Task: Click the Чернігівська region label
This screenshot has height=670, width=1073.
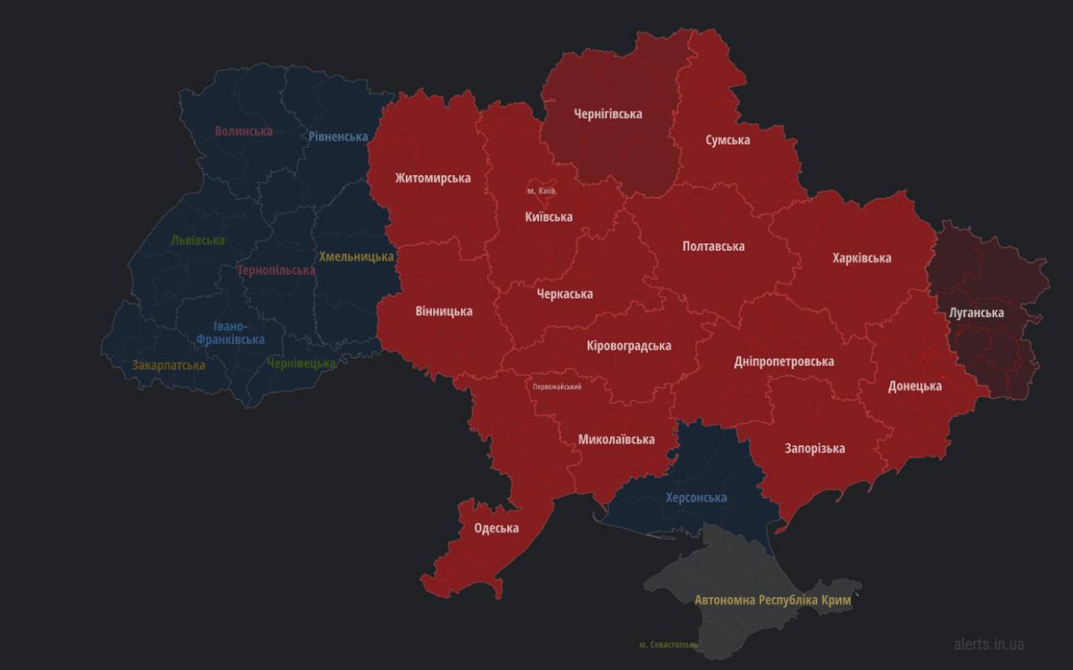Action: click(x=608, y=114)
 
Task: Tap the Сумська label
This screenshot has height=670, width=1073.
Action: click(x=727, y=140)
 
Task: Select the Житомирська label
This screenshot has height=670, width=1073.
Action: click(x=433, y=178)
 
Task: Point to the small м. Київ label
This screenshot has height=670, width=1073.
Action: click(x=541, y=191)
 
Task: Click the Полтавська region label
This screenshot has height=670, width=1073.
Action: click(x=713, y=247)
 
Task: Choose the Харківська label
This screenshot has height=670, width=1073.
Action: click(x=862, y=258)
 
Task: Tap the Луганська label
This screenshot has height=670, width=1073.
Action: click(x=976, y=313)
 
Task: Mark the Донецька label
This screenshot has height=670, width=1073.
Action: click(x=915, y=387)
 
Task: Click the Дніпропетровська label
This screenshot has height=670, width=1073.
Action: click(x=784, y=361)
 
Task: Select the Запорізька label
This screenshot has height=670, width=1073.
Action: click(x=814, y=449)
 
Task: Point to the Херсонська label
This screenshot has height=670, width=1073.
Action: click(x=696, y=497)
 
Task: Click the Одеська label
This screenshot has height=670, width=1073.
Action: click(x=496, y=528)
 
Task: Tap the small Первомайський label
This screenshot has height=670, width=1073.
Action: click(x=557, y=387)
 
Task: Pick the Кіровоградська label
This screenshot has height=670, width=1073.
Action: click(x=629, y=345)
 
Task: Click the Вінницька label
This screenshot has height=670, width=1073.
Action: click(x=443, y=311)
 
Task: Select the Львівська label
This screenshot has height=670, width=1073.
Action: click(x=198, y=241)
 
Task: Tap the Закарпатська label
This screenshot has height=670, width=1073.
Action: click(x=168, y=366)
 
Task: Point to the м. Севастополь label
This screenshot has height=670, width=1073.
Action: click(x=668, y=645)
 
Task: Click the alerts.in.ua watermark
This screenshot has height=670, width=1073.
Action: click(x=988, y=645)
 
